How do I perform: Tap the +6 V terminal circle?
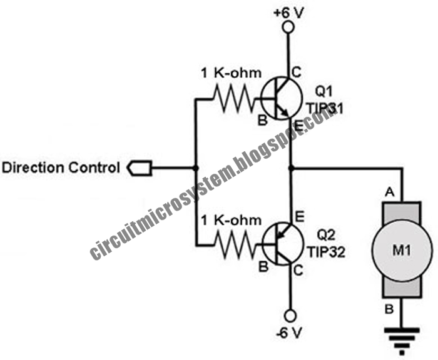[289, 27]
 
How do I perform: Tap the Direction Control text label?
[61, 168]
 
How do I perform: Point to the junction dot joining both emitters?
[290, 168]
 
